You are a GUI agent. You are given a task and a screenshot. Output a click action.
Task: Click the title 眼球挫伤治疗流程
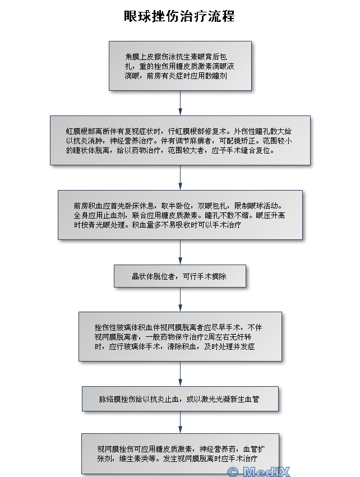pos(179,16)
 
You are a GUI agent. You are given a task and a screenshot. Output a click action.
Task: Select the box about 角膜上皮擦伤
pos(180,66)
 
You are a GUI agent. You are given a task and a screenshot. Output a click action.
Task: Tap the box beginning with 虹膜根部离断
pos(180,140)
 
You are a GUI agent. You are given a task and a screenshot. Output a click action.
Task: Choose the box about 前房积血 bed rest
pos(180,215)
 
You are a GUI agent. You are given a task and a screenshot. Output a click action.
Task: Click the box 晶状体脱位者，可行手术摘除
pos(180,276)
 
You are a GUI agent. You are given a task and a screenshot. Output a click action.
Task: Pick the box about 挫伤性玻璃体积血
pos(180,336)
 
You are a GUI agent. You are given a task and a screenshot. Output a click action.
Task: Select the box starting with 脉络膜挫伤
pos(180,399)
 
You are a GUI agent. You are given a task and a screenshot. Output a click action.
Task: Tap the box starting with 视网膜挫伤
pos(180,453)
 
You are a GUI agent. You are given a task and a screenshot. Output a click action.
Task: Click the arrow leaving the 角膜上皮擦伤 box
pos(180,103)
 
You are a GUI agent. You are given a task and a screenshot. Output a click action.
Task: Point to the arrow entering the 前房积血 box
pos(180,178)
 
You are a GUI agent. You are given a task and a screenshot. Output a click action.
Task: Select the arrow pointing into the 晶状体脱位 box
pos(180,252)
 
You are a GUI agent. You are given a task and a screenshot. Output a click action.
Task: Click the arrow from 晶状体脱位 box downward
pos(180,300)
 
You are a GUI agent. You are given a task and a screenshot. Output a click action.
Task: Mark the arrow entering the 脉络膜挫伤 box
pos(180,374)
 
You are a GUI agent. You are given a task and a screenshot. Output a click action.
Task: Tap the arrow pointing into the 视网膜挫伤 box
pos(180,423)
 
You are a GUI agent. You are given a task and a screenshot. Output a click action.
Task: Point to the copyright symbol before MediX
pos(233,472)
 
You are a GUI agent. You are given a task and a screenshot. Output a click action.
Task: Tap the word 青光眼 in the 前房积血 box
pos(99,225)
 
